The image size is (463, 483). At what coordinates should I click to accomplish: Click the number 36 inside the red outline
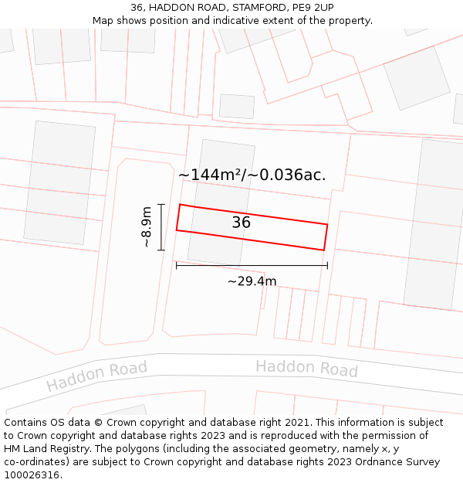tap(241, 223)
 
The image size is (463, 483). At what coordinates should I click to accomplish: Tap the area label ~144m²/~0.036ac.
tap(252, 175)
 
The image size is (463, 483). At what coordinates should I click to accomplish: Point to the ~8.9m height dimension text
tap(146, 226)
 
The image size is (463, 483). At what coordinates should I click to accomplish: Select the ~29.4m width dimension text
tap(252, 281)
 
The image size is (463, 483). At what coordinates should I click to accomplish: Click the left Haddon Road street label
tap(96, 376)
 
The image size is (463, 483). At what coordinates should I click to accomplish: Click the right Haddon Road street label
tap(306, 368)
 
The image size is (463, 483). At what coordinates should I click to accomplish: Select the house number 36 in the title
tap(137, 8)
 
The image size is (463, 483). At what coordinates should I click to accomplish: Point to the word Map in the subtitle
tap(103, 21)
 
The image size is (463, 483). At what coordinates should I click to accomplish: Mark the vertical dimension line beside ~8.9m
tap(161, 227)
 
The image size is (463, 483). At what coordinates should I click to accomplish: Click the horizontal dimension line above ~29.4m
tap(252, 266)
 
